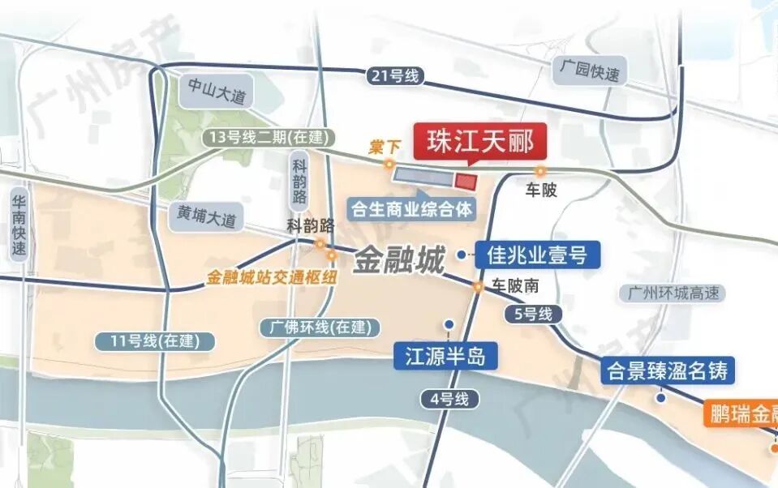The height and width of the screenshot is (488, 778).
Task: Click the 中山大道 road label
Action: click(215, 91)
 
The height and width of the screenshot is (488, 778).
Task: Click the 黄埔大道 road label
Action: click(207, 216)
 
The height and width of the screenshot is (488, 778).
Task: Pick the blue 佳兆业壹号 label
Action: click(537, 255)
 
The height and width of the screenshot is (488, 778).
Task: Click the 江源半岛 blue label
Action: click(445, 356)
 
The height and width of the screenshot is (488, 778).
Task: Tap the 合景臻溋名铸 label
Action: click(669, 372)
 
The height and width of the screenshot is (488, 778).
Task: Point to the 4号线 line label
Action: click(445, 398)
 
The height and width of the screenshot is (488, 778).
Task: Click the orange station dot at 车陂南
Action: click(479, 286)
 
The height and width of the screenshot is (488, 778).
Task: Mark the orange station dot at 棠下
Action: click(389, 165)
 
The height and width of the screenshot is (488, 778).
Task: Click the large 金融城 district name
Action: click(398, 261)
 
